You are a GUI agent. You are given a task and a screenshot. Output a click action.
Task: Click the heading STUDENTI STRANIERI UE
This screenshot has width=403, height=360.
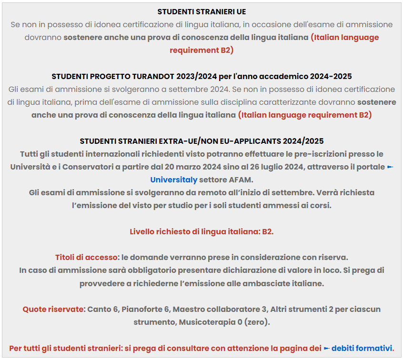(x=201, y=11)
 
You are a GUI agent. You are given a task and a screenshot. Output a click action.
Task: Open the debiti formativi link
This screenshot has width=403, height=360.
(x=363, y=348)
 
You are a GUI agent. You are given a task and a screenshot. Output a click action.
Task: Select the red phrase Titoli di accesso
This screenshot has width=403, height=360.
(x=86, y=257)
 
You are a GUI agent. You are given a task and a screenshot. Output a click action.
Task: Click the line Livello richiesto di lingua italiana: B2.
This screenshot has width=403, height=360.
(x=201, y=231)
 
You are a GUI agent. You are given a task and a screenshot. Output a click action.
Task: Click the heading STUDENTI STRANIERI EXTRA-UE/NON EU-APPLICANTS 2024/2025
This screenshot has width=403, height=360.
(x=201, y=141)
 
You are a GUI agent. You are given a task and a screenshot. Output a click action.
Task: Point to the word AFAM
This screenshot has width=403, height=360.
(x=240, y=180)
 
